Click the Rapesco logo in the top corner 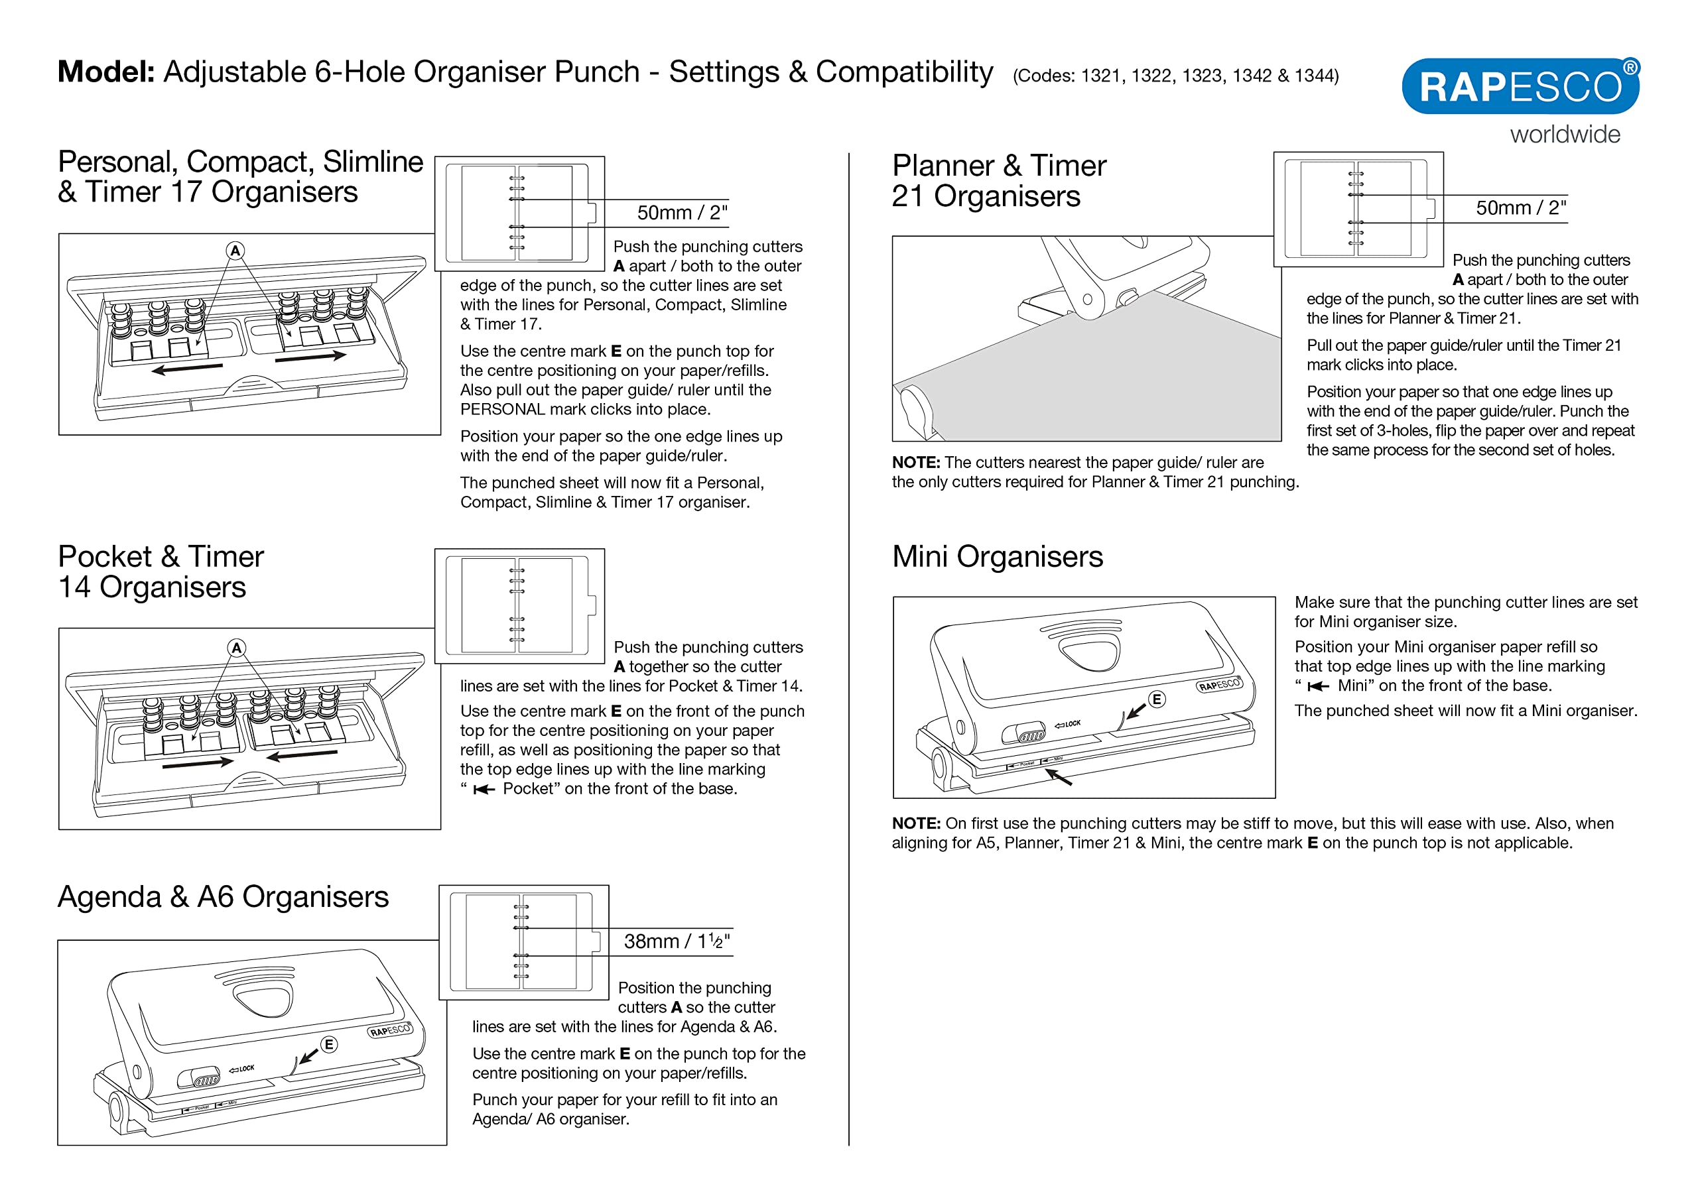coord(1520,86)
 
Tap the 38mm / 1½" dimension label coord(676,941)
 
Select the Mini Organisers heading coord(997,557)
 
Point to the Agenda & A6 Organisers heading coord(223,897)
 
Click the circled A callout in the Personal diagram coord(235,251)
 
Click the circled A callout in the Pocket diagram coord(236,648)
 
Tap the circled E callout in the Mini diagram coord(1157,699)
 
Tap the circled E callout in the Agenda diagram coord(329,1044)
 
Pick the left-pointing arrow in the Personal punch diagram coord(186,367)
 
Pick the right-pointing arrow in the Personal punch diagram coord(310,357)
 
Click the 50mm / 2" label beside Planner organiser coord(1520,208)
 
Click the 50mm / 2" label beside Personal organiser coord(682,213)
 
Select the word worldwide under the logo coord(1565,135)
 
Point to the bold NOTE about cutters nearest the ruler coord(915,463)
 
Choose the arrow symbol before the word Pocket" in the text coord(484,790)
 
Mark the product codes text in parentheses coord(1175,76)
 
